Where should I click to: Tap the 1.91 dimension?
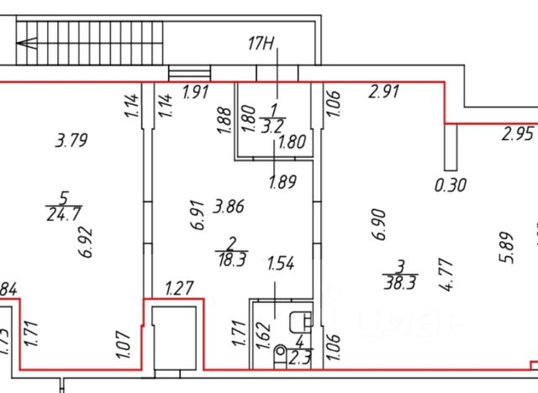pos(196,93)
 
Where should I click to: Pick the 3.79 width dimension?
pos(71,140)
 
